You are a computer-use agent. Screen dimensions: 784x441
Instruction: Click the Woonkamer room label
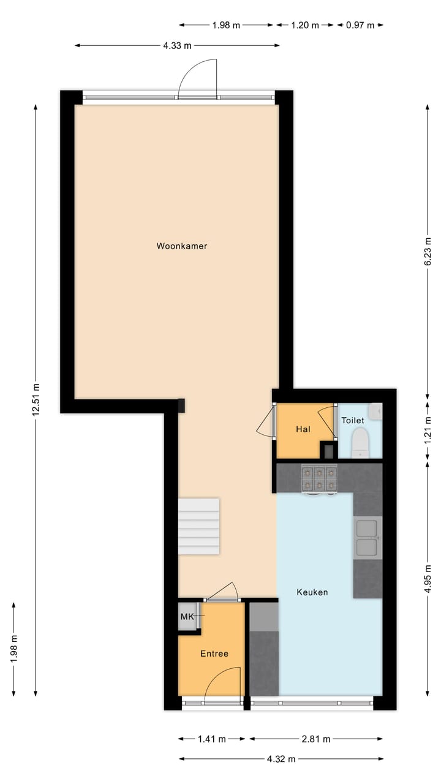click(181, 246)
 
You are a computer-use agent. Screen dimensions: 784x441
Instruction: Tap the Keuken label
click(312, 592)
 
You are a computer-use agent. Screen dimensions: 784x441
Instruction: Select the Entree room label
click(214, 654)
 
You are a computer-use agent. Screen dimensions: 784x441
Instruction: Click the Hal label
click(303, 429)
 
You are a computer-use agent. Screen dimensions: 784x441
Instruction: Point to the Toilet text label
click(353, 421)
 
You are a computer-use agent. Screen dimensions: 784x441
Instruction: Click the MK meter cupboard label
click(187, 617)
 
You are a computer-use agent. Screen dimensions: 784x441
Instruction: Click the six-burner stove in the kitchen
click(319, 478)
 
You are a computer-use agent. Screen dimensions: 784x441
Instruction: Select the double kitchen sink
click(367, 537)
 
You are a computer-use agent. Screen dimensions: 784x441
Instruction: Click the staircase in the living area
click(198, 526)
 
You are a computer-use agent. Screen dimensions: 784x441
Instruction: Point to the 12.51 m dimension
click(36, 399)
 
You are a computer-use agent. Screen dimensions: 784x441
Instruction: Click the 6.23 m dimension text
click(428, 252)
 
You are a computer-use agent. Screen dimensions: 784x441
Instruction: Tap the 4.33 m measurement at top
click(177, 45)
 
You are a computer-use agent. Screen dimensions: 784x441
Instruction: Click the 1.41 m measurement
click(212, 739)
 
